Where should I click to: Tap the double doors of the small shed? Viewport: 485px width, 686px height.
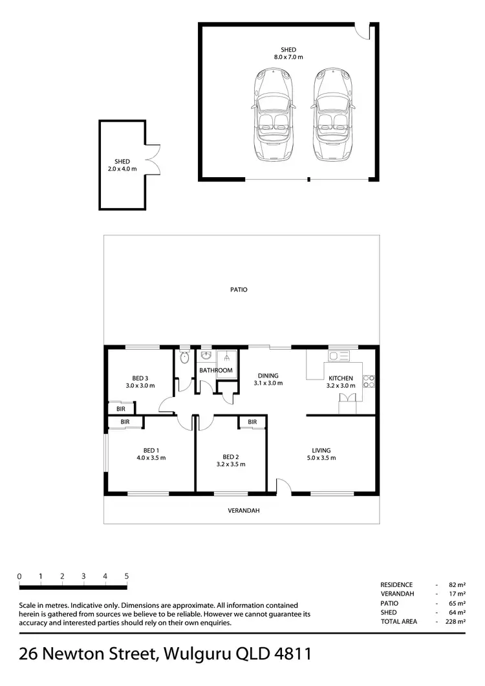(151, 158)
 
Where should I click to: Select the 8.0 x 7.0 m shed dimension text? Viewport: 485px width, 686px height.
(288, 58)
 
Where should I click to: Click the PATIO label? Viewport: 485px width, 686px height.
(239, 290)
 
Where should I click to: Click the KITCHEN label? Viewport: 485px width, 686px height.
(341, 378)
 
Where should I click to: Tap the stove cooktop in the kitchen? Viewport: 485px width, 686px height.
(369, 381)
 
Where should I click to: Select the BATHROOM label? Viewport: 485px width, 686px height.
(215, 370)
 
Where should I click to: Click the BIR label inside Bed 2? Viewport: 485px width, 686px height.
(252, 422)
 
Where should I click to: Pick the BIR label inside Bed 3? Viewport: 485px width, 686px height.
(121, 409)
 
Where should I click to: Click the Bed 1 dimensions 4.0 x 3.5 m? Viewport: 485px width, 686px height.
(151, 458)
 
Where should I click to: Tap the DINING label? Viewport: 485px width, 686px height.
(268, 376)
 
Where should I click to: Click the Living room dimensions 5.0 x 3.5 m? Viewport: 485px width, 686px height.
(321, 458)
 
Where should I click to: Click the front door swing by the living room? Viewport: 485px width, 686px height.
(283, 487)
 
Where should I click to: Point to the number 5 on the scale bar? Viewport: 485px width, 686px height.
(127, 576)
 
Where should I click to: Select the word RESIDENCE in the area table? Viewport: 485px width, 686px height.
(396, 584)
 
